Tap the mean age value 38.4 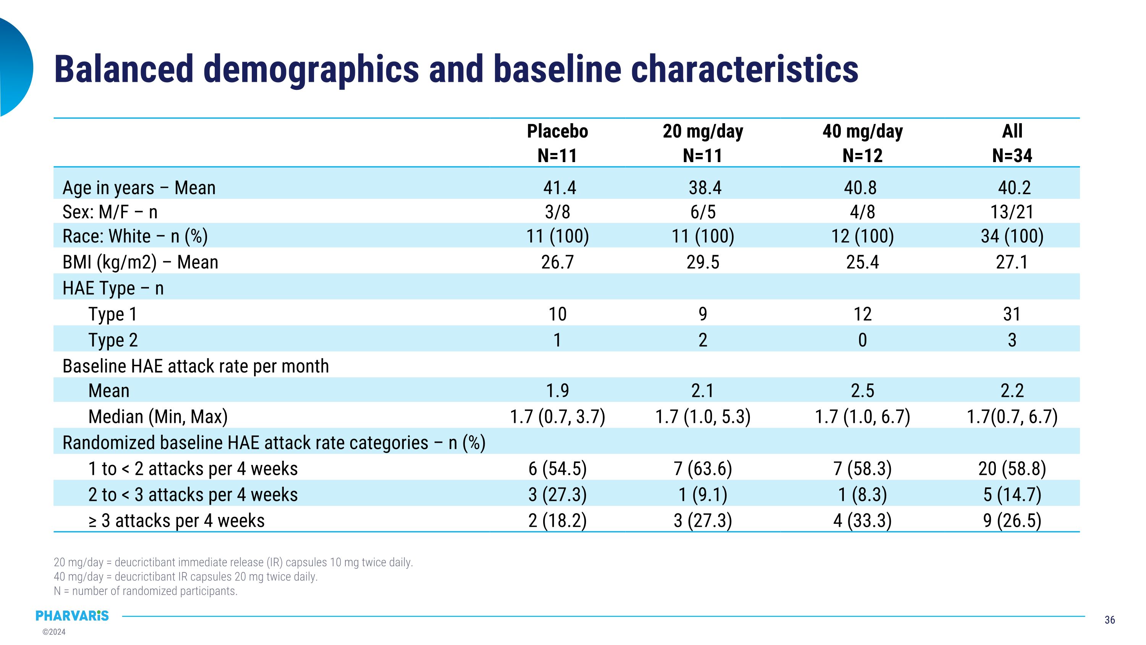pos(705,187)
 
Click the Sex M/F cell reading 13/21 pos(1012,212)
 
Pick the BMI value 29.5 pos(703,262)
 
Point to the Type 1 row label pos(113,314)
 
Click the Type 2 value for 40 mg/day pos(863,340)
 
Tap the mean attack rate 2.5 pos(863,390)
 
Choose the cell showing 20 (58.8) pos(1012,469)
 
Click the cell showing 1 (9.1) pos(703,494)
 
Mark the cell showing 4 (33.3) pos(863,520)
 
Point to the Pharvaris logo pos(72,616)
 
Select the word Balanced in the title pos(124,69)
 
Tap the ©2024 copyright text pos(54,632)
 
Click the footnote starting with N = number pos(146,591)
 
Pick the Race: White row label pos(135,236)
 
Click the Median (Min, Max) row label pos(158,417)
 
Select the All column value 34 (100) pos(1012,236)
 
